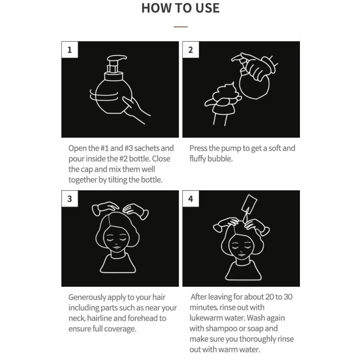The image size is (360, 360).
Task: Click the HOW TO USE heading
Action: point(181,8)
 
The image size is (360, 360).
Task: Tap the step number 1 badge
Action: point(70,50)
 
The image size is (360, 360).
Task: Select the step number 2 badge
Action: point(191,50)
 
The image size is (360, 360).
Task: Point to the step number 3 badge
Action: point(70,199)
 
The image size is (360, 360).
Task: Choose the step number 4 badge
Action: point(191,199)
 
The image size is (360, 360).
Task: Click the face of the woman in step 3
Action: point(116,239)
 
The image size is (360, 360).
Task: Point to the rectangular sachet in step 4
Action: point(249,204)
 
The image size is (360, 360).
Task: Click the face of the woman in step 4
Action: point(242,246)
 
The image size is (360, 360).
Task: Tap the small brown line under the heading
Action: point(181,27)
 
